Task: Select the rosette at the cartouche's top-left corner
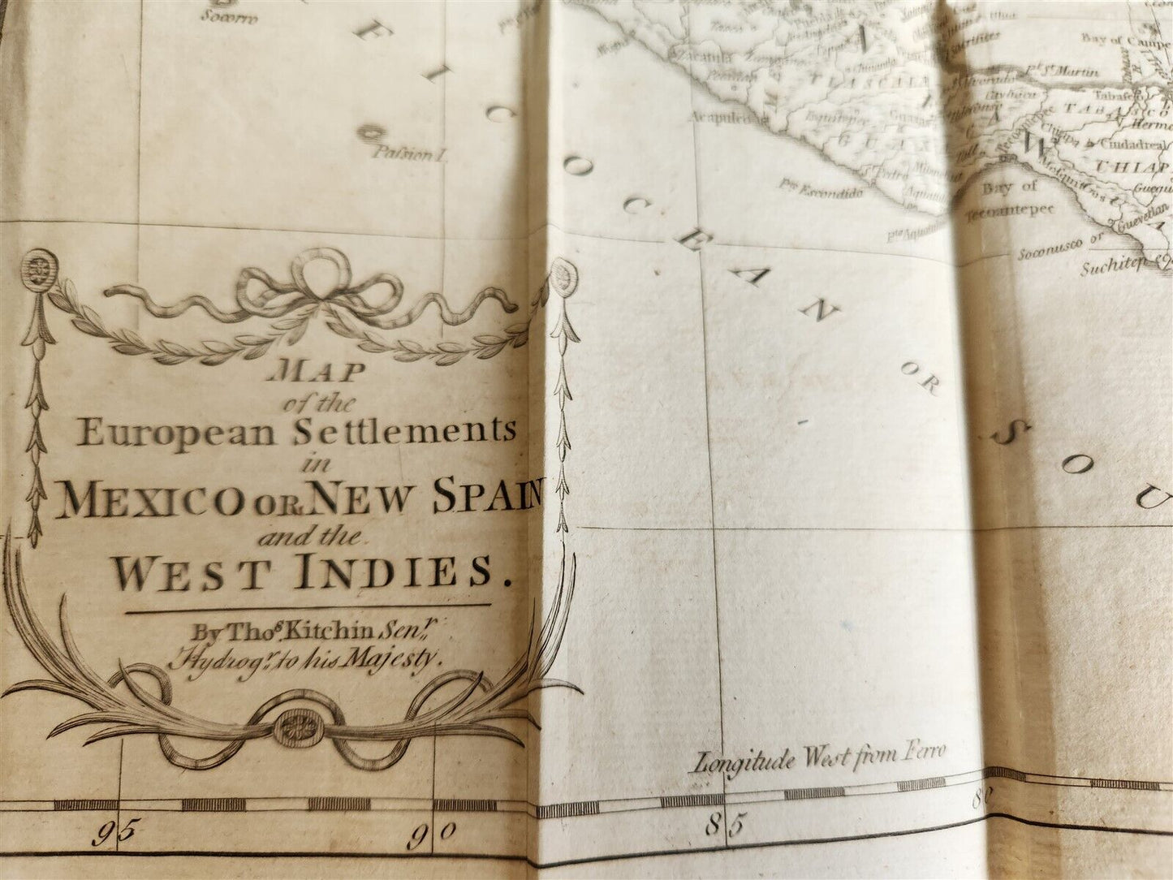36,265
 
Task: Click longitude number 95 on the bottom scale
114,834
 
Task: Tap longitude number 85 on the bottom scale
724,826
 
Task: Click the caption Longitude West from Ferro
817,760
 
